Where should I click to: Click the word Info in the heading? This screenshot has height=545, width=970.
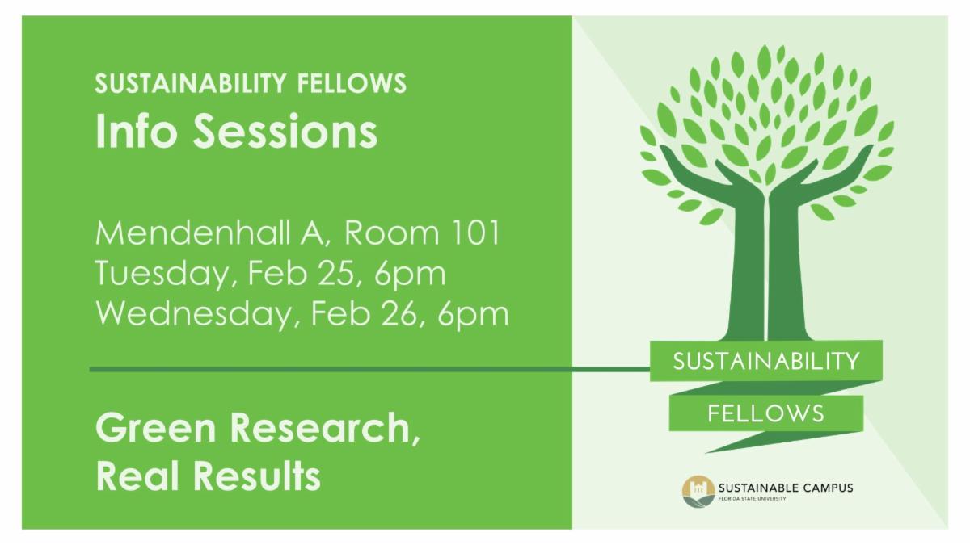[137, 131]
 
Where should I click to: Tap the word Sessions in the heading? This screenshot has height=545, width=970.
[285, 131]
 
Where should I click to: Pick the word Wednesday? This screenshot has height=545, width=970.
[193, 314]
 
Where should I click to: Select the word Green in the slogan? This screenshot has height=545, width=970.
[156, 427]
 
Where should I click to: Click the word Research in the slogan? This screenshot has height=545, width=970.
[325, 427]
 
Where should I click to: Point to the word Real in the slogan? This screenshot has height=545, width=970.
[137, 476]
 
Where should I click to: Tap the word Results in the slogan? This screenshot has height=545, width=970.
[257, 476]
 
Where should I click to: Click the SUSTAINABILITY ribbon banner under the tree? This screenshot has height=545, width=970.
[766, 361]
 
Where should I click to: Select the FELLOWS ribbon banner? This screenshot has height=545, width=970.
[766, 413]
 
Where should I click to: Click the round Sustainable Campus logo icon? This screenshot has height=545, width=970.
[698, 492]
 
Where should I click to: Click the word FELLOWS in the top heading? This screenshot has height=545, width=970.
[352, 83]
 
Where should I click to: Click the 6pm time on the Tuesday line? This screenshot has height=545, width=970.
[410, 275]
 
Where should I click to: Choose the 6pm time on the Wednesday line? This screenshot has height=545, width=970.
[473, 315]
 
